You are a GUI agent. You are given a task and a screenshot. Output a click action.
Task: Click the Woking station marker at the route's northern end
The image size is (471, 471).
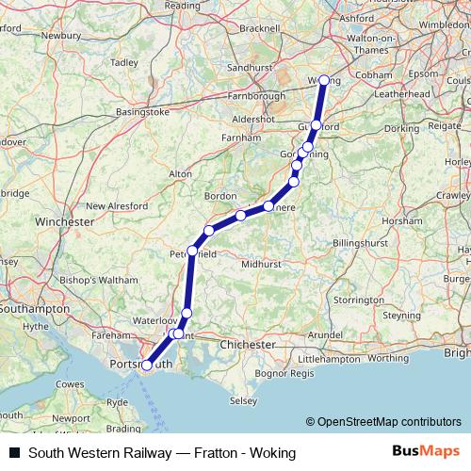coord(324,81)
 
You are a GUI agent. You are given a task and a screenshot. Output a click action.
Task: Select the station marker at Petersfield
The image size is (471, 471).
coord(192,251)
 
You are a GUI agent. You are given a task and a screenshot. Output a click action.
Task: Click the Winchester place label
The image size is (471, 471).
coord(63,221)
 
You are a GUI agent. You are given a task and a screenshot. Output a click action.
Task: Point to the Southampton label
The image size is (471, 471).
coord(35,308)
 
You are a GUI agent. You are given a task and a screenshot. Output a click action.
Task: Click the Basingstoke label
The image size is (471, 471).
coord(141,111)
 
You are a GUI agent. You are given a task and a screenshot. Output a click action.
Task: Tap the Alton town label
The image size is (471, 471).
coord(179,174)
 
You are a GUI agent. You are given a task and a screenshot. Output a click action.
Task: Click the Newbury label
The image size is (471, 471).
coord(61,36)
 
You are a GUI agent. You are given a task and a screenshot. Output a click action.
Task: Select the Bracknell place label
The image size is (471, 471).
coord(261,29)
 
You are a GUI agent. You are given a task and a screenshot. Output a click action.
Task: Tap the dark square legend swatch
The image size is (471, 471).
coord(14,453)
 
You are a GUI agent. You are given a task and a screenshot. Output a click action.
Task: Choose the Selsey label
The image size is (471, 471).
coord(243,400)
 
